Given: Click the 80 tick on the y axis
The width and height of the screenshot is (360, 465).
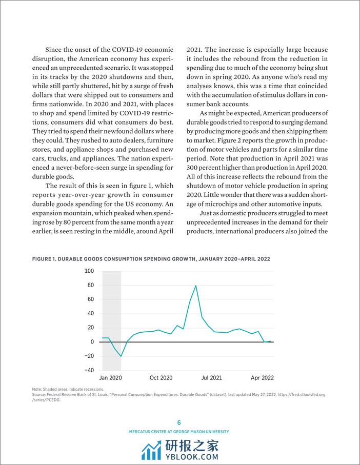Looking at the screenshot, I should coord(90,285).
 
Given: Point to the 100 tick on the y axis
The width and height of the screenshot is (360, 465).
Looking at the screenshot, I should coord(89,271).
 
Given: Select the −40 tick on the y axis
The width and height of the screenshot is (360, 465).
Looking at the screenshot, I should coord(89,370).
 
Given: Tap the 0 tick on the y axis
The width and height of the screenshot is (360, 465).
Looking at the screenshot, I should coord(92,342).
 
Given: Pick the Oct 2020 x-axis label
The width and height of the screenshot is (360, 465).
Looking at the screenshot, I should coord(161,378).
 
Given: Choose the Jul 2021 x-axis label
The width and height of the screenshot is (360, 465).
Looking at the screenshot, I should coord(211,378).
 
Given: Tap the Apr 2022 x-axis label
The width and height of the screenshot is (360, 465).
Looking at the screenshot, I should coord(262,378).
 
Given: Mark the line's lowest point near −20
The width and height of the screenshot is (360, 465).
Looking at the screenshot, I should coord(121,356).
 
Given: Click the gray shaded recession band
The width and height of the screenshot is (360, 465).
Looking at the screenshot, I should coord(111,318).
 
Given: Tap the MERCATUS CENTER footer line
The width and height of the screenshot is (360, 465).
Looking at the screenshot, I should coord(179,432).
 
